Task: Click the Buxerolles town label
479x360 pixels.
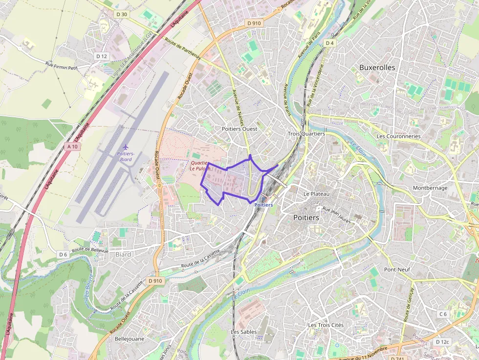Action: click(377, 67)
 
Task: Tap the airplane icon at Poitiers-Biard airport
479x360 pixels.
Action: click(126, 147)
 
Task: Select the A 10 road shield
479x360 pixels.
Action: click(73, 146)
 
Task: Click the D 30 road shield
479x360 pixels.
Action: click(122, 14)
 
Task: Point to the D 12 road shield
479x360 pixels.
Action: click(101, 56)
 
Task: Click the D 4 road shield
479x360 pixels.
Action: click(330, 43)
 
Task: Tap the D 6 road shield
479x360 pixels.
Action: click(63, 254)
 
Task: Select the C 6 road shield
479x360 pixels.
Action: click(443, 314)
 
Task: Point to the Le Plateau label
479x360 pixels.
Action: click(317, 194)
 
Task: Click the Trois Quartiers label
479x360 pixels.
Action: click(306, 134)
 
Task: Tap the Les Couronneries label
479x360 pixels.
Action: click(398, 136)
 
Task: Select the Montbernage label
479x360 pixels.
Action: click(430, 188)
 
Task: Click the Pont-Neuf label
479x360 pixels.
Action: click(397, 269)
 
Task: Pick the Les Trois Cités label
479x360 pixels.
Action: click(326, 325)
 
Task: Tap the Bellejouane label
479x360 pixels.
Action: click(129, 338)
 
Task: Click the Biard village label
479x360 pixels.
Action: click(123, 254)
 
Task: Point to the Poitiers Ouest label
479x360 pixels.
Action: click(239, 128)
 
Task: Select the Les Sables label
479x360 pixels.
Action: click(244, 332)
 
